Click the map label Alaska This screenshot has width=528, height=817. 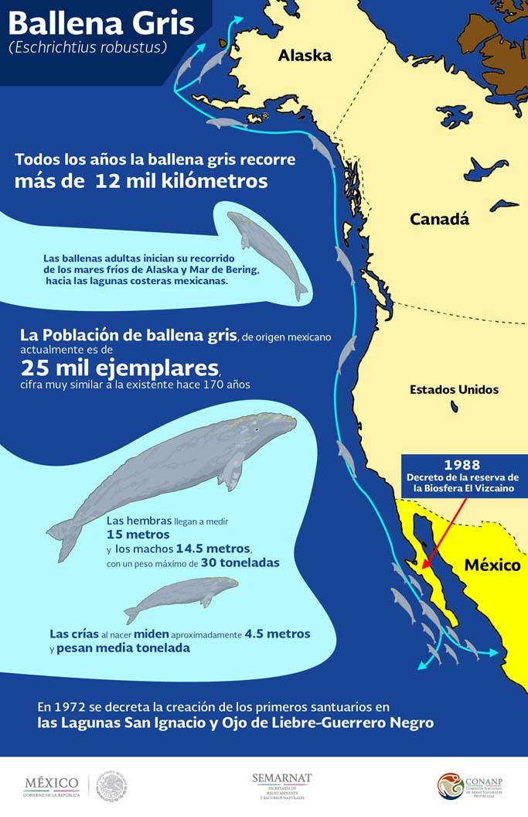[305, 56]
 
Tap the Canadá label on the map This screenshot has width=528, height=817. [439, 219]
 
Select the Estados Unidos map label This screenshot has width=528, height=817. [454, 390]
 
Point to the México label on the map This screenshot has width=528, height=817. [492, 566]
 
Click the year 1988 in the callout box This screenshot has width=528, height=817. [462, 464]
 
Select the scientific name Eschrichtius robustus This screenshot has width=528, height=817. [88, 47]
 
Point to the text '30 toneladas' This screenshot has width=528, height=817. [240, 562]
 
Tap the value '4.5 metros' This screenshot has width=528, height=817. [277, 634]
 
